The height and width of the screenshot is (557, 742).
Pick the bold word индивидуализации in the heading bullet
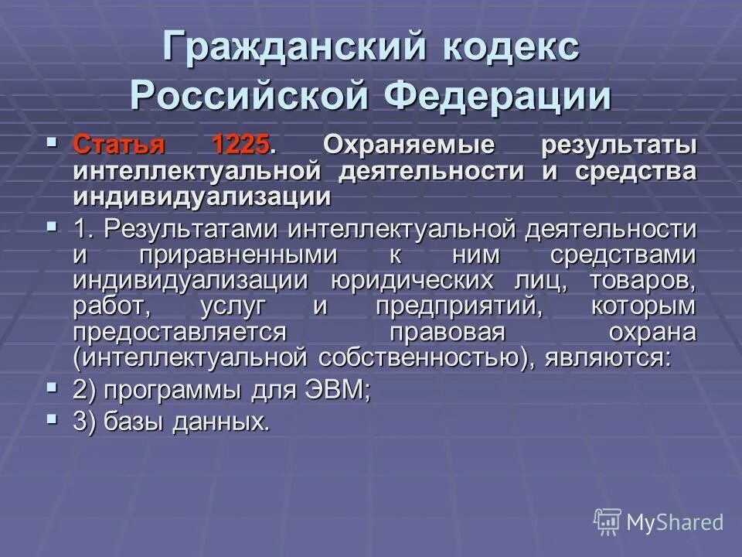click(x=203, y=196)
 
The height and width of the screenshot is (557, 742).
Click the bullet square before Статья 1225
click(x=52, y=142)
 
